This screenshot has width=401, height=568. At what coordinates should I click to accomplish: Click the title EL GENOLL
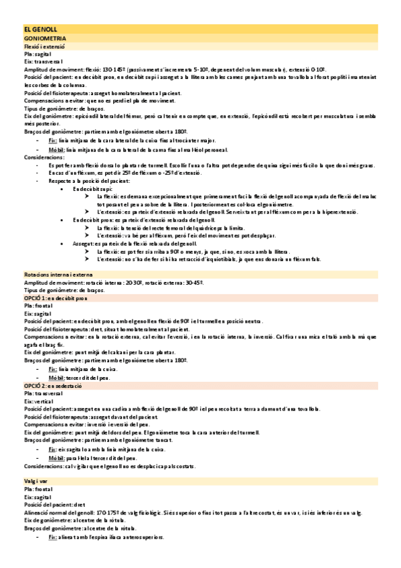coord(41,31)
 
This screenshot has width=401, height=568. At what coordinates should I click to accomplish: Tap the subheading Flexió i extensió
coord(45,48)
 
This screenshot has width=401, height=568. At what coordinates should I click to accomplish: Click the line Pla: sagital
coord(38,55)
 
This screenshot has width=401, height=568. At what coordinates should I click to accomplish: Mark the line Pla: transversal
coord(44,395)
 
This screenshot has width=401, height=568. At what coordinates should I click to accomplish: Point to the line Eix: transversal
coord(42,62)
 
